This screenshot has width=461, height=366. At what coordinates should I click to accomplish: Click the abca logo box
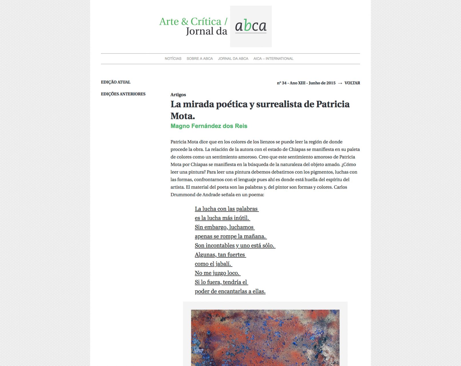point(251,26)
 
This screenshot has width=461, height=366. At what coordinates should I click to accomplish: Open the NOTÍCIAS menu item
point(173,59)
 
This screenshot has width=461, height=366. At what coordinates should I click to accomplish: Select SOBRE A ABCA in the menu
point(200,59)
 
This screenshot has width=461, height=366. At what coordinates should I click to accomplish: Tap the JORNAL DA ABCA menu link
point(233,59)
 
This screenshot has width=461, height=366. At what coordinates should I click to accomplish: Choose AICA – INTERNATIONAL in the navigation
point(273,59)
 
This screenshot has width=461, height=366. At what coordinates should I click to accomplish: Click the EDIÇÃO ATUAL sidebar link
point(116,82)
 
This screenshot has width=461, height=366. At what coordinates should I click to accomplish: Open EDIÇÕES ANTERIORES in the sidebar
point(123,94)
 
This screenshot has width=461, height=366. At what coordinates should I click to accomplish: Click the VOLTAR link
point(352,83)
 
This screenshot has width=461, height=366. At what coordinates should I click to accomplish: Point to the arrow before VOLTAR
point(340,83)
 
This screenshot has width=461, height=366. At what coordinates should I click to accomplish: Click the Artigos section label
point(178,95)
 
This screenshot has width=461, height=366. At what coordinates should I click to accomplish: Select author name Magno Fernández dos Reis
point(209,126)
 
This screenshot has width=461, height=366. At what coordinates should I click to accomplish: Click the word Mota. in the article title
point(183,116)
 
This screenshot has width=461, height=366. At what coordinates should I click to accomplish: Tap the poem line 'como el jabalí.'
point(213,264)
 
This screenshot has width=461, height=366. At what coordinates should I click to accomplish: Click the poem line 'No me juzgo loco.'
point(217,273)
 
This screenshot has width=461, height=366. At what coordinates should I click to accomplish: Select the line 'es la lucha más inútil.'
point(222,218)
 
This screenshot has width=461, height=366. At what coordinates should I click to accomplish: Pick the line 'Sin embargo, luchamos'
point(224,227)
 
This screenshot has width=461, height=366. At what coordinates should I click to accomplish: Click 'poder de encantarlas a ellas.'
point(230,291)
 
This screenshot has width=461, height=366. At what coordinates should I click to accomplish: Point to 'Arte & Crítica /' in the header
point(193,21)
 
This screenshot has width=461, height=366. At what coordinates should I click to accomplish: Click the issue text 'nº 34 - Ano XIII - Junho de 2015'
point(306,83)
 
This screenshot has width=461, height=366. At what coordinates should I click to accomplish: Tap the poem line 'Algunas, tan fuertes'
point(220,255)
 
